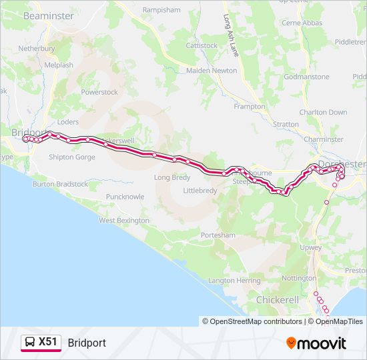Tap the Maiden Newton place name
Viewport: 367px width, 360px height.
(x=212, y=70)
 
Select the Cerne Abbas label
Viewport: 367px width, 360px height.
(x=302, y=23)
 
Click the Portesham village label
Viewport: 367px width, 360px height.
(x=218, y=235)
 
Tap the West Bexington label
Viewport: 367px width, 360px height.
(x=124, y=220)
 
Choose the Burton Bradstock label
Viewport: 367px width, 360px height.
(x=60, y=184)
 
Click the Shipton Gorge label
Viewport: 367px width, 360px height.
(x=72, y=157)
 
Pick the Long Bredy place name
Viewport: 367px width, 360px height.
(x=172, y=177)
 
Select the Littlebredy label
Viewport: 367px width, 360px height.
(x=200, y=190)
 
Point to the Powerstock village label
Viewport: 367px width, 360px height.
(x=99, y=92)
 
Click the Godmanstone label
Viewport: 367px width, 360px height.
(x=306, y=77)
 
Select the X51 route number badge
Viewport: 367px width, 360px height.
(x=48, y=342)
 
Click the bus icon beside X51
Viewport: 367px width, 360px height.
(x=30, y=343)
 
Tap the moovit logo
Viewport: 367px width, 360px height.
(x=316, y=343)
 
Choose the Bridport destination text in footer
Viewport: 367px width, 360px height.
(x=87, y=343)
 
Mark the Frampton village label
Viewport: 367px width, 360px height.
(x=249, y=107)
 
